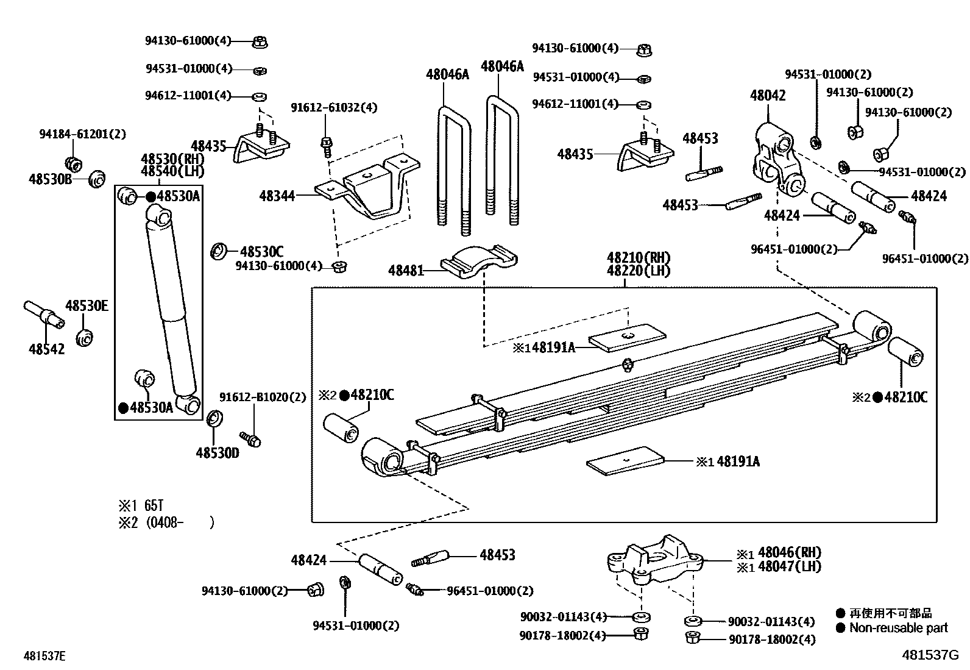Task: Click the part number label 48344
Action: [277, 196]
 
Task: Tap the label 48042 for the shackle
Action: [767, 95]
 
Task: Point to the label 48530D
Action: [217, 453]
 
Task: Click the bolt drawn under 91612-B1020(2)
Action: [250, 438]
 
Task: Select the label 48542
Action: [46, 349]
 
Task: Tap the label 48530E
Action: [87, 306]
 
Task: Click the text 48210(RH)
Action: [638, 257]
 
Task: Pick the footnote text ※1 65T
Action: [141, 505]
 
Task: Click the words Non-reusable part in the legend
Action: [899, 628]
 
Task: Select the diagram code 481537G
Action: [930, 655]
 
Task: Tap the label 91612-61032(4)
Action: [334, 108]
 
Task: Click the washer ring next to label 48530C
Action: [218, 251]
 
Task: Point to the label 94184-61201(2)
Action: [82, 134]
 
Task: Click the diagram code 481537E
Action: [44, 656]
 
